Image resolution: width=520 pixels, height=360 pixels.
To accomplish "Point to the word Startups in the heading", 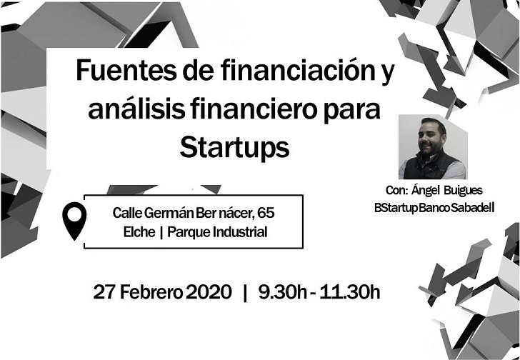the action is pyautogui.click(x=234, y=148).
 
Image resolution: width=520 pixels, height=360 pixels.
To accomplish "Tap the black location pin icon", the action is pyautogui.click(x=74, y=221).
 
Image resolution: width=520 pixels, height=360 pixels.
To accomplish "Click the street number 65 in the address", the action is pyautogui.click(x=266, y=213).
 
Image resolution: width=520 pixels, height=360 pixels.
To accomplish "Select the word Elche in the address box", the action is pyautogui.click(x=139, y=232).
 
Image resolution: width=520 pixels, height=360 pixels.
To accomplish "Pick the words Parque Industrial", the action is pyautogui.click(x=217, y=232).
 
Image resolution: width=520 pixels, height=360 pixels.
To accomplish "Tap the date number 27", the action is pyautogui.click(x=104, y=292).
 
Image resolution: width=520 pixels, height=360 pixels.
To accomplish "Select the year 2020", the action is pyautogui.click(x=209, y=292).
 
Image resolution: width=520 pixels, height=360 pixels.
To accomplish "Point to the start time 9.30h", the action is pyautogui.click(x=283, y=292).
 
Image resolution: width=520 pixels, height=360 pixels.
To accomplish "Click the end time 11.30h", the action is pyautogui.click(x=350, y=292).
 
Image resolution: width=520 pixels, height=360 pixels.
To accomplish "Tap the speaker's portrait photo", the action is pyautogui.click(x=433, y=147).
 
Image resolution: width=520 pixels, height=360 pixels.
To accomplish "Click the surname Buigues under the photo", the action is pyautogui.click(x=464, y=191).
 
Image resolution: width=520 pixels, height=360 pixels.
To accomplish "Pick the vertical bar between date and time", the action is pyautogui.click(x=245, y=293).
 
